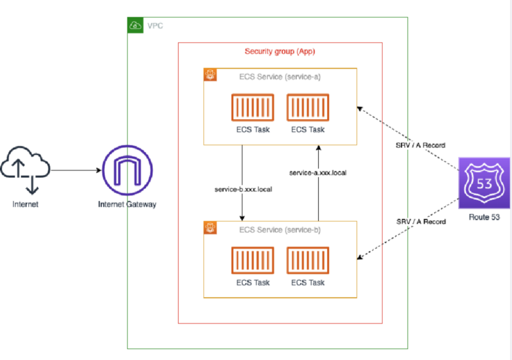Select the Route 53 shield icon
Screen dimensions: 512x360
click(484, 183)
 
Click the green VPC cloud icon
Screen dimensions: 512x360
click(135, 25)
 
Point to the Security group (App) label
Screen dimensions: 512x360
click(280, 51)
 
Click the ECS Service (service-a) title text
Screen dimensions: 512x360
click(280, 77)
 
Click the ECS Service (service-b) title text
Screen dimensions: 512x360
click(280, 230)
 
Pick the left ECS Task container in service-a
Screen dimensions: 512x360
click(253, 108)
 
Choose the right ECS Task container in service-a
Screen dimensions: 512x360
click(308, 108)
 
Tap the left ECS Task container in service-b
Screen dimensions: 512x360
click(253, 260)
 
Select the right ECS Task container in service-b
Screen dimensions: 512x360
click(308, 260)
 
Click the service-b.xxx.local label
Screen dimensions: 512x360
click(243, 190)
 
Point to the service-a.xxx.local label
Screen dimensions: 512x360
click(317, 173)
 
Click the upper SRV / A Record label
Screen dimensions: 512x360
click(420, 145)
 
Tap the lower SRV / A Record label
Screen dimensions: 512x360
click(421, 222)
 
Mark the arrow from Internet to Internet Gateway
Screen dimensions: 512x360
click(76, 170)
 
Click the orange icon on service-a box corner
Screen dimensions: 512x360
click(210, 74)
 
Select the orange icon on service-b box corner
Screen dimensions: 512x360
click(210, 227)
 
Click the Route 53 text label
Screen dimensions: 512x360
click(484, 217)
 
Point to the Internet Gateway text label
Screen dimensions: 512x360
click(127, 204)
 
